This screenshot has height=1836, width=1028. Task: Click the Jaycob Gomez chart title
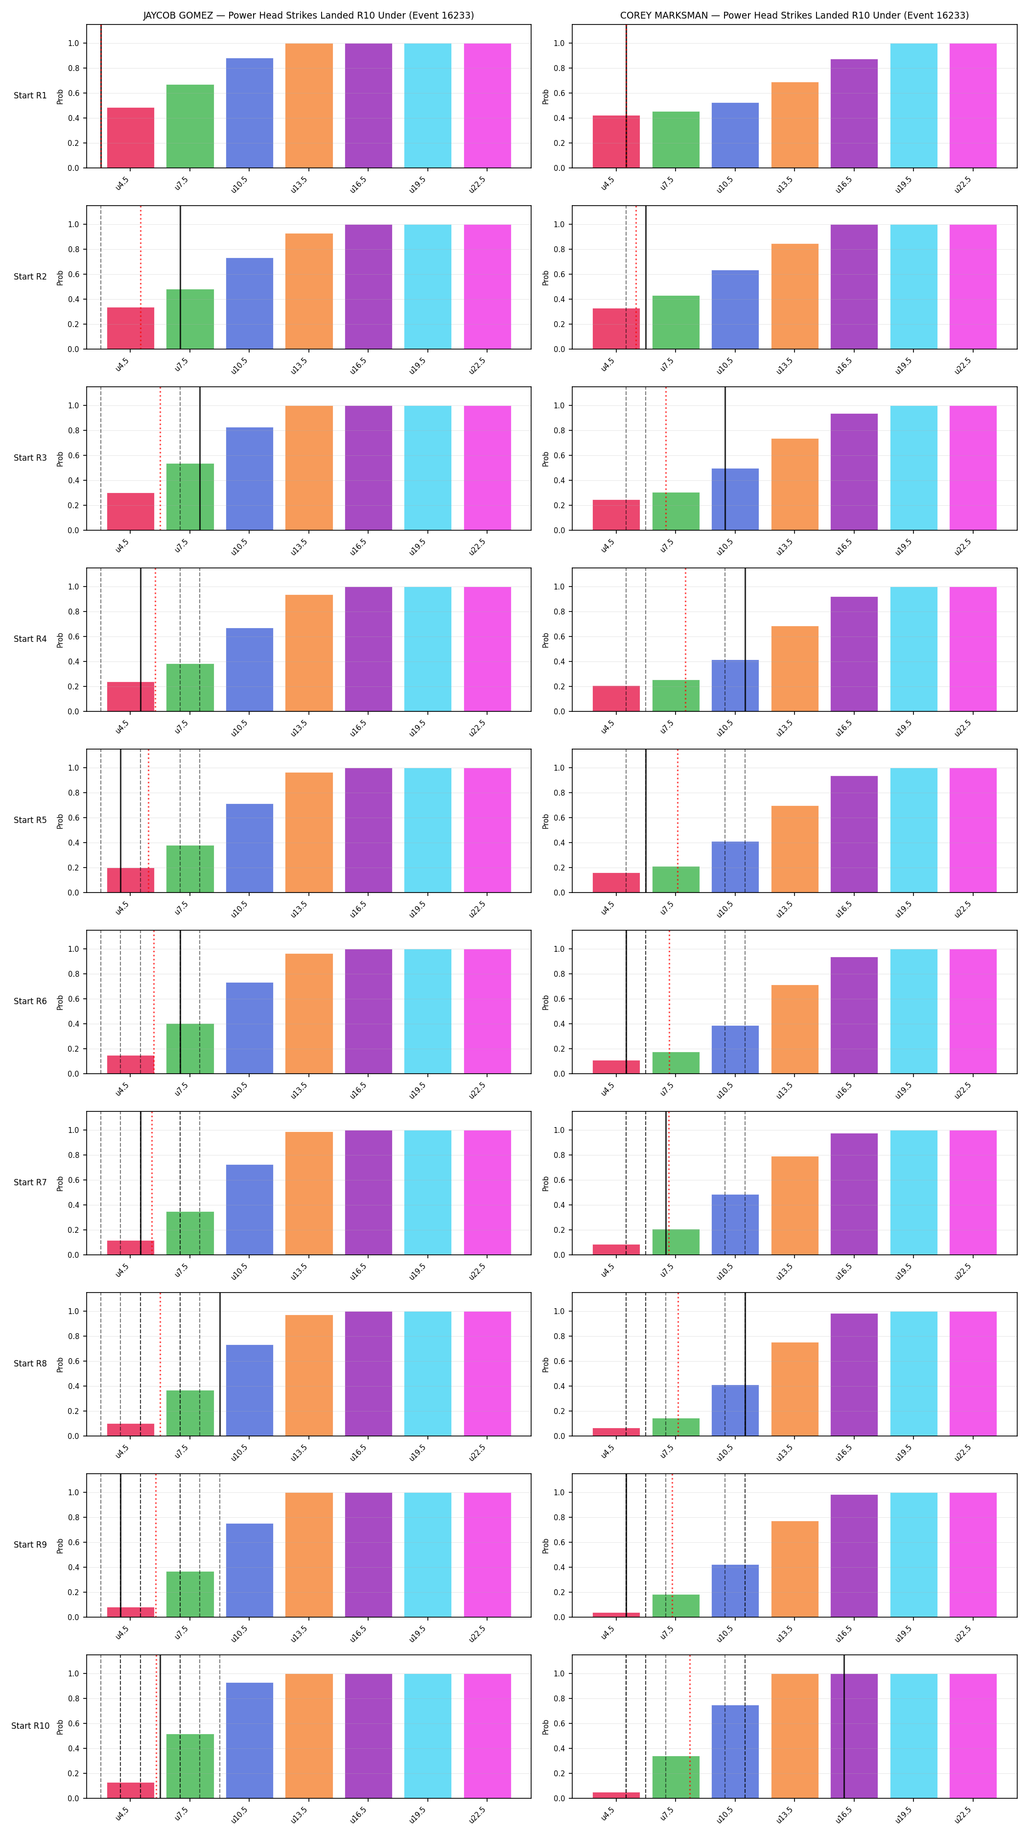pos(308,15)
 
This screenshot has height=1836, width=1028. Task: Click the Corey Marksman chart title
pos(794,15)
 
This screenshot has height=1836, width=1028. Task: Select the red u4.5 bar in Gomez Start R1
pos(130,138)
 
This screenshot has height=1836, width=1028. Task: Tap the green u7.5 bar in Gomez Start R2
pos(190,319)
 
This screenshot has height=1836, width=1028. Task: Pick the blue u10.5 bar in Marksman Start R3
pos(735,499)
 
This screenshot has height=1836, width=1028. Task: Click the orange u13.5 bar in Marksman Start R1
pos(795,125)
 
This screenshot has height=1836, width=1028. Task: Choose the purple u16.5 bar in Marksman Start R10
pos(854,1736)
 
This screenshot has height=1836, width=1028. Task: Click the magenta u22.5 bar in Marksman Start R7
pos(973,1192)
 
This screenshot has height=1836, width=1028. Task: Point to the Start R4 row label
pos(30,638)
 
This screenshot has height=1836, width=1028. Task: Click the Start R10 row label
pos(30,1725)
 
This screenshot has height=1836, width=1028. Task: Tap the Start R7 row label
pos(30,1182)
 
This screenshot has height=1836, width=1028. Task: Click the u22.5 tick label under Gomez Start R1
pos(477,184)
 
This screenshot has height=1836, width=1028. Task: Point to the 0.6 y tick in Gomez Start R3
pos(73,455)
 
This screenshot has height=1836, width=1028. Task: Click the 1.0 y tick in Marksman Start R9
pos(559,1492)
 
